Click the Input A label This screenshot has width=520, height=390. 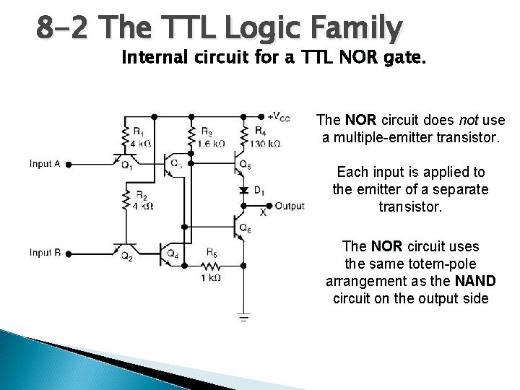[45, 164]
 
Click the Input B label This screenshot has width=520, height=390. [45, 252]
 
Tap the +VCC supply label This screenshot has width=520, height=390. [279, 117]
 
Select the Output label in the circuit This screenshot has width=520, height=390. [290, 206]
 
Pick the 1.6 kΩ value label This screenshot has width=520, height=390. [211, 144]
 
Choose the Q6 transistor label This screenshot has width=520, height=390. [246, 230]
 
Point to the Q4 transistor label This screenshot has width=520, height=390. [173, 254]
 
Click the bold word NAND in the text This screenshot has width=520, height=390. [477, 282]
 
